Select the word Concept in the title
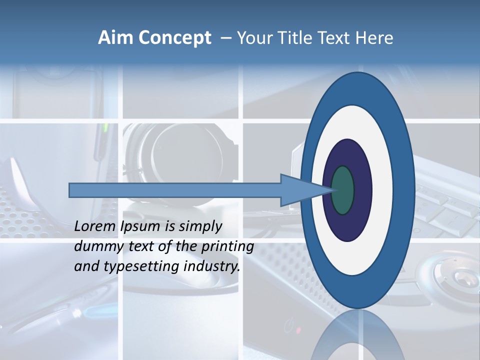pyautogui.click(x=175, y=38)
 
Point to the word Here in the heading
pyautogui.click(x=374, y=37)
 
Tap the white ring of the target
pyautogui.click(x=382, y=190)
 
